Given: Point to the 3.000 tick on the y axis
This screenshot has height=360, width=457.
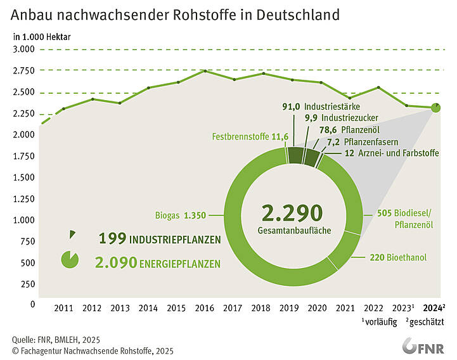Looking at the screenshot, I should pyautogui.click(x=23, y=49).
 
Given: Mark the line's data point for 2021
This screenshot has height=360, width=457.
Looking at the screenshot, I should pyautogui.click(x=349, y=98).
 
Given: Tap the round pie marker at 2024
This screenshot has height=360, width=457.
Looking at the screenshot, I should pyautogui.click(x=436, y=108).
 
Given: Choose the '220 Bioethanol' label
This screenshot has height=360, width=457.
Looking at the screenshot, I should pyautogui.click(x=397, y=258).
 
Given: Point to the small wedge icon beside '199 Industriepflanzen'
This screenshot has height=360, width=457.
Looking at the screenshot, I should pyautogui.click(x=72, y=235).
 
